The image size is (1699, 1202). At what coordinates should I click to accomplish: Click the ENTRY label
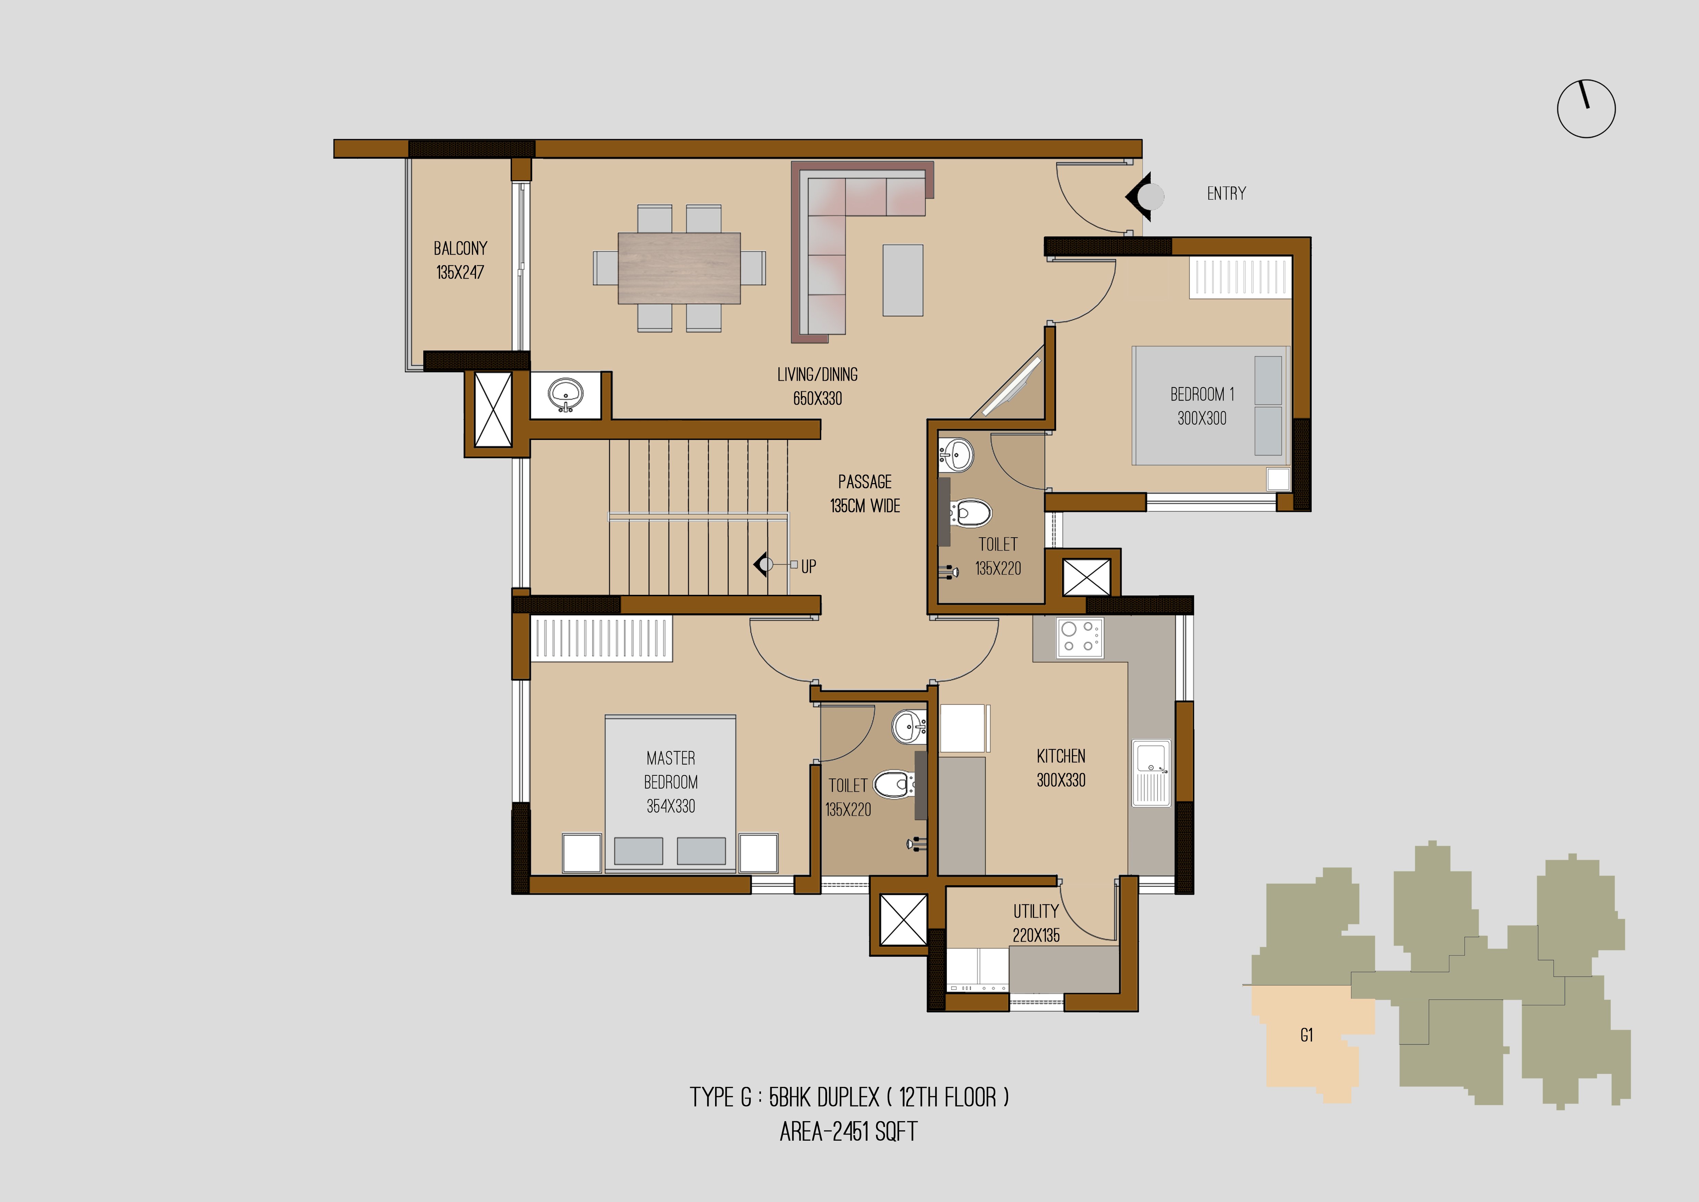(1226, 193)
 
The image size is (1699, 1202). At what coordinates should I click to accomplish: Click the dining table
(678, 268)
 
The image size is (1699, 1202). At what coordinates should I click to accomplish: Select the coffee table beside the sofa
(903, 281)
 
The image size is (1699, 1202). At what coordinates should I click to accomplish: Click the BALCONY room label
(460, 248)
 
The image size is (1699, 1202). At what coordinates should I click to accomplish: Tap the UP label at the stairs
(809, 566)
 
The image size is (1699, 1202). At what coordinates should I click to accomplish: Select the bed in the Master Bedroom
(671, 793)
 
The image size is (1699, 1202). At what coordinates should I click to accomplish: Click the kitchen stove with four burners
(1079, 637)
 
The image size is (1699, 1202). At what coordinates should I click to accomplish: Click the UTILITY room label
(1036, 911)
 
